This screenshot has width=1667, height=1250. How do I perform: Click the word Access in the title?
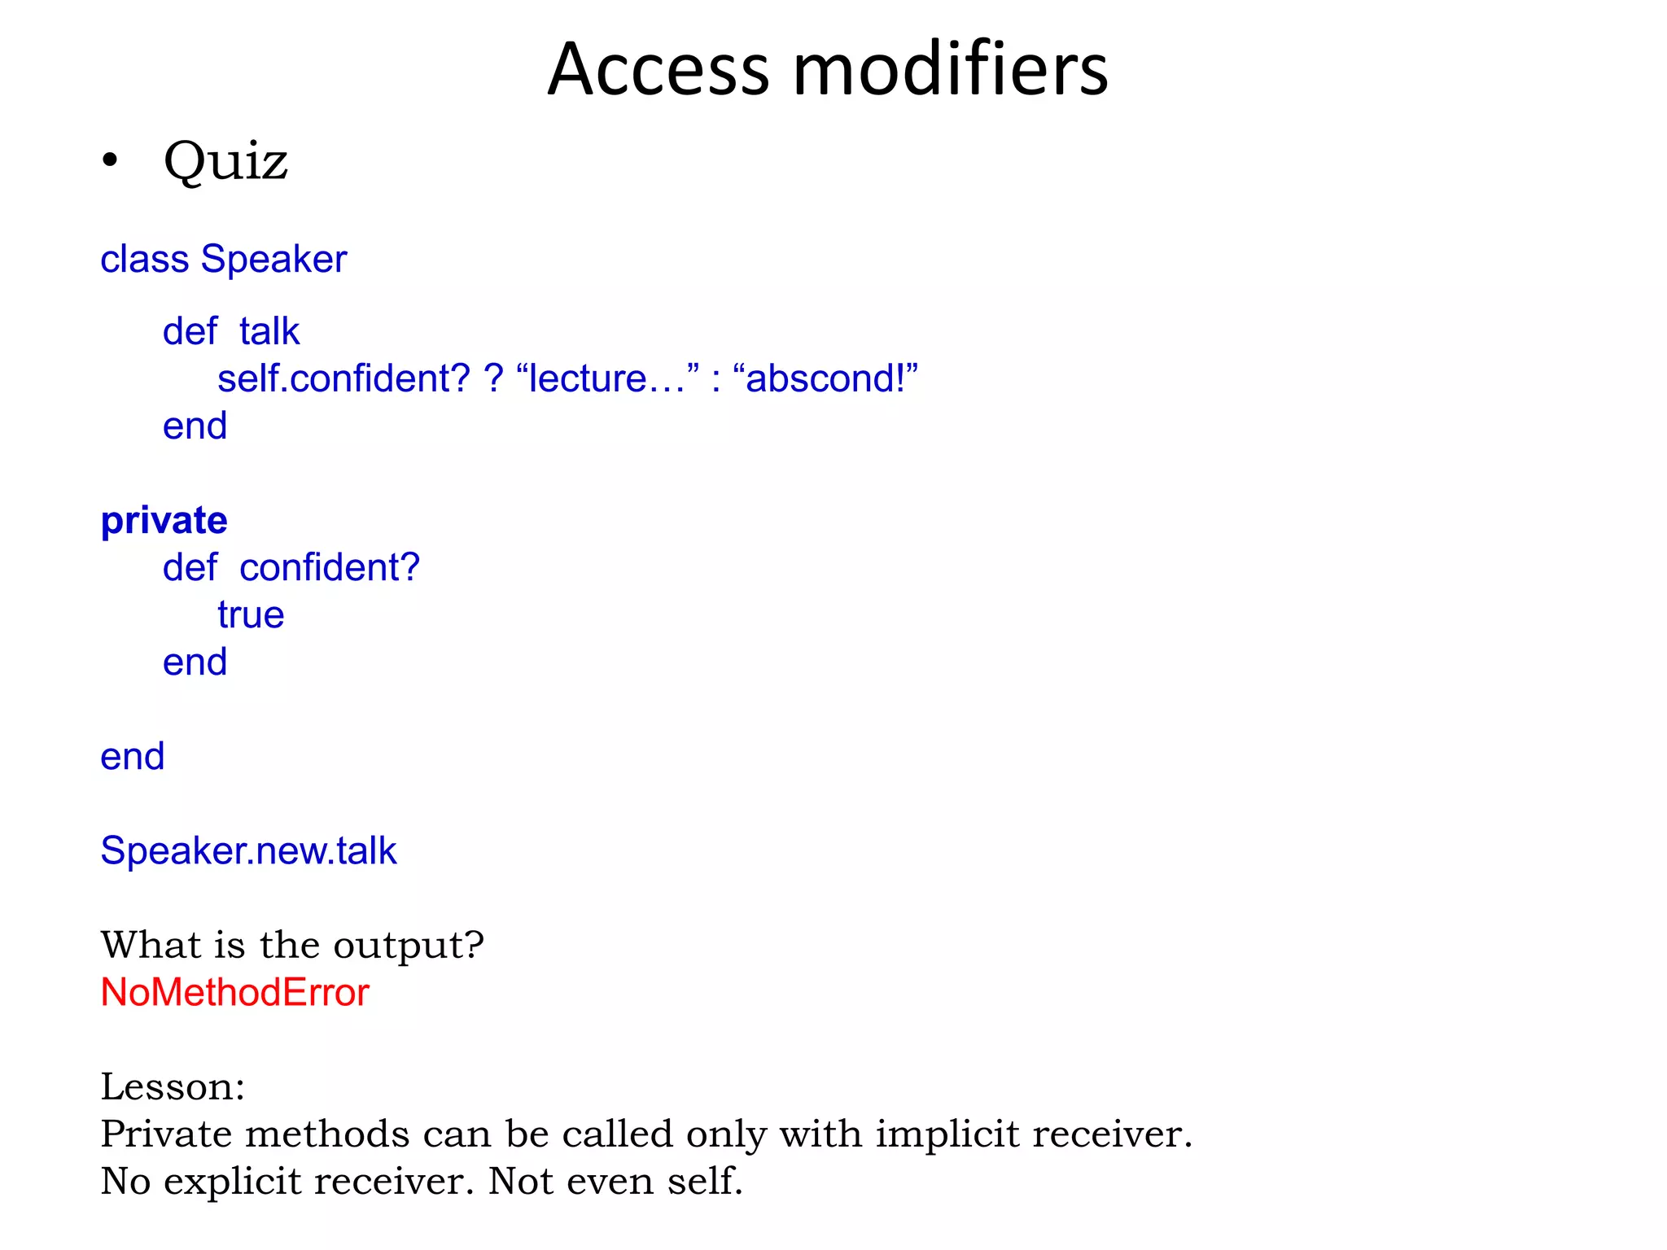(x=658, y=70)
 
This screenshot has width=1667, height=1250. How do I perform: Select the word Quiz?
(x=225, y=161)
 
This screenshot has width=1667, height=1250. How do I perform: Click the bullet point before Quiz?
(x=110, y=161)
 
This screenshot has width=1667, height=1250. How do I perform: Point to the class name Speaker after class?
(x=273, y=260)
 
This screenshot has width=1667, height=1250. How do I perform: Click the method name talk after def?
(x=269, y=332)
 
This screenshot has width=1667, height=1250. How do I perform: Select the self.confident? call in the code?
(x=343, y=379)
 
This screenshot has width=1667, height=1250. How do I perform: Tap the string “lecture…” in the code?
(x=607, y=379)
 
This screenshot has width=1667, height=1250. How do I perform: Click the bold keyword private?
(x=164, y=521)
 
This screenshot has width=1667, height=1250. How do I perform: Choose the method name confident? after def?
(x=329, y=568)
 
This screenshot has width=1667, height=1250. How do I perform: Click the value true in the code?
(x=251, y=615)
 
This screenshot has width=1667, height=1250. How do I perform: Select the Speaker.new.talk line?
(x=248, y=851)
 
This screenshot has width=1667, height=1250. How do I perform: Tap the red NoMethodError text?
(x=234, y=993)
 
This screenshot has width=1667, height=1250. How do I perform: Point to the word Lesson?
(x=173, y=1087)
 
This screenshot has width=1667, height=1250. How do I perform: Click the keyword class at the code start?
(x=144, y=260)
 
